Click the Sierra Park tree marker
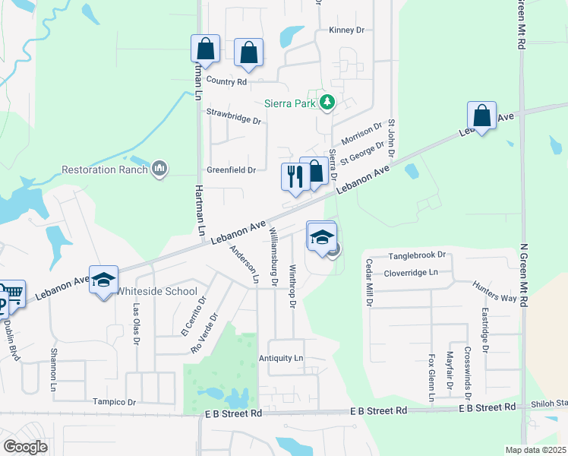click(327, 102)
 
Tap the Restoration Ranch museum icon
click(159, 169)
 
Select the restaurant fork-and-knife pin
click(294, 177)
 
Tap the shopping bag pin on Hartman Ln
click(205, 49)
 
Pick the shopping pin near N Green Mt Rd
click(481, 116)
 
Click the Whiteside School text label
click(156, 292)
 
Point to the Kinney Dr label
click(346, 30)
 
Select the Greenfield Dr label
click(232, 170)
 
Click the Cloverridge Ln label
click(411, 272)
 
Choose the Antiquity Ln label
click(280, 358)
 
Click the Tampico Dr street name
click(114, 402)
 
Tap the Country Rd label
click(226, 82)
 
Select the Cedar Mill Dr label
click(370, 281)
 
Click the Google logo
click(25, 447)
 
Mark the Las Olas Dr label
click(137, 321)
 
